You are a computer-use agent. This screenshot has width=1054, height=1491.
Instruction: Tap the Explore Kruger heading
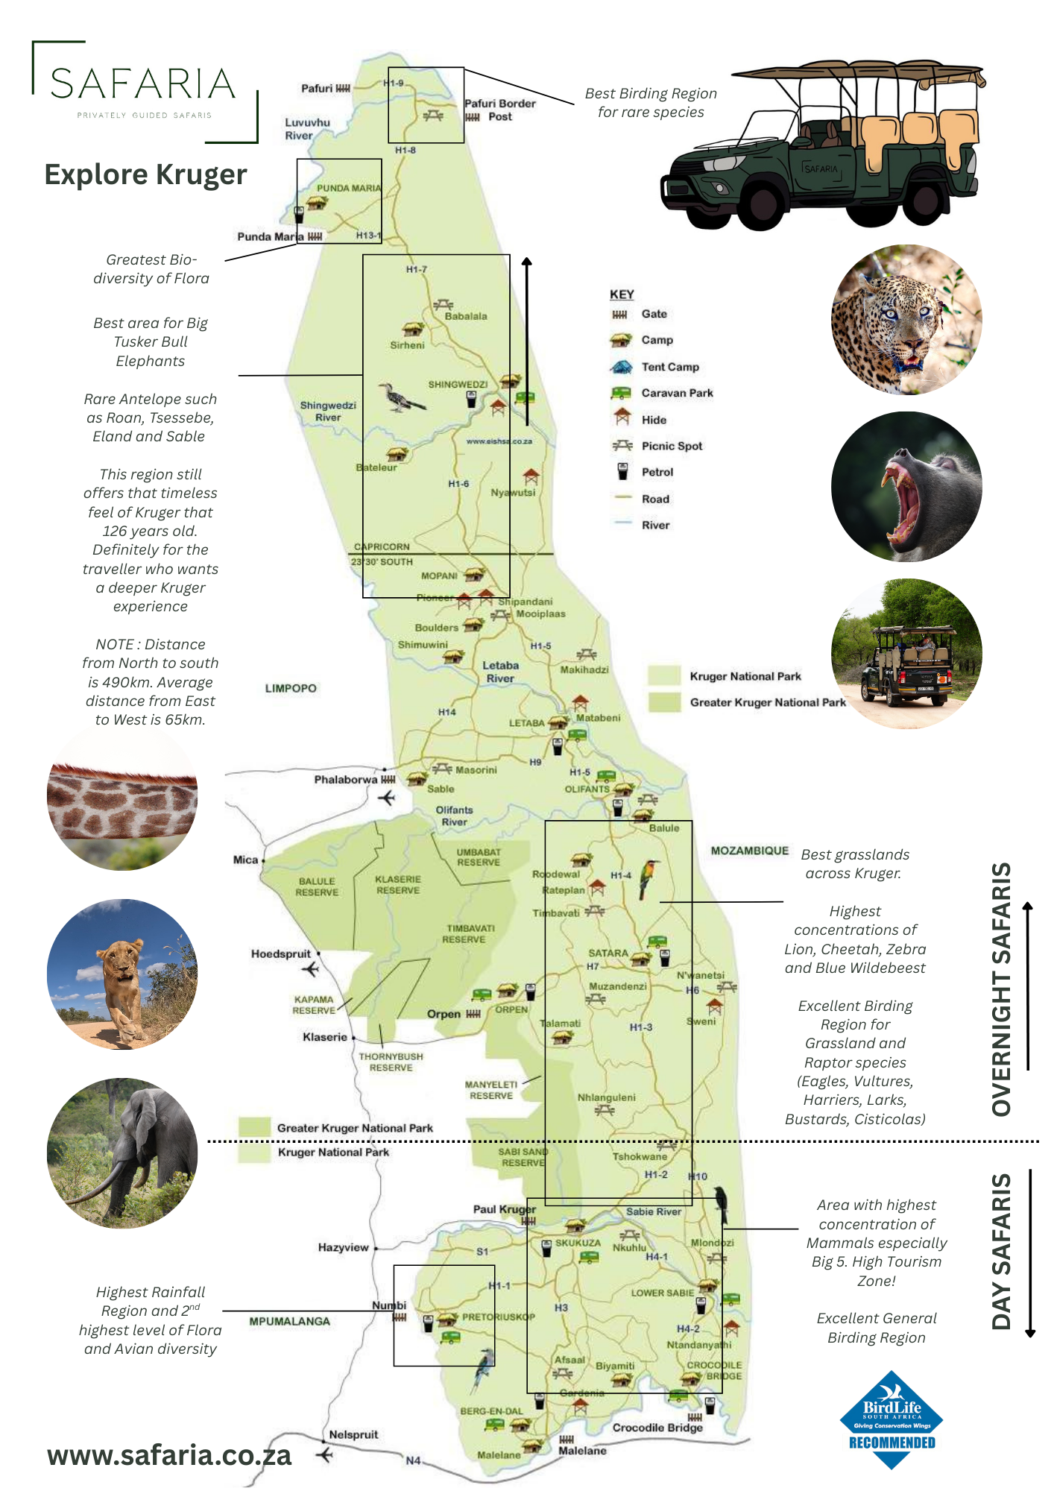pos(145,174)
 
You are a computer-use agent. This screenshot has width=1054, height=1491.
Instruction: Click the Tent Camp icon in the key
pos(621,367)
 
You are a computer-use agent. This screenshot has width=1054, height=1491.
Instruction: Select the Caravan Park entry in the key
pos(676,393)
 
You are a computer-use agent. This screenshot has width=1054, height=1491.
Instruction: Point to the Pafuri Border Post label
pos(499,110)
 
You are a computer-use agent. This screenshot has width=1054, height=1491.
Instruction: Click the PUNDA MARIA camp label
pos(348,188)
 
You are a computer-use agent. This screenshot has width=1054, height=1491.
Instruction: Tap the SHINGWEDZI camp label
pos(458,385)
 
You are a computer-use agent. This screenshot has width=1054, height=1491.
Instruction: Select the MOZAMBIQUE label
pos(749,851)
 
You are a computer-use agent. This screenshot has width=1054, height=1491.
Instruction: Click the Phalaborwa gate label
pos(345,780)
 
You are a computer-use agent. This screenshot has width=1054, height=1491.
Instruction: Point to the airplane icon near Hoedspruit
pos(311,969)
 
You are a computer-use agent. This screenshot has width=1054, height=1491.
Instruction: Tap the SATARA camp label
pos(608,953)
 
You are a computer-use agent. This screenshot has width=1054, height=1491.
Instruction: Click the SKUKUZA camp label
pos(578,1243)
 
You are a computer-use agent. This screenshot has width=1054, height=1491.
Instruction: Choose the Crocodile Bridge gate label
pos(657,1428)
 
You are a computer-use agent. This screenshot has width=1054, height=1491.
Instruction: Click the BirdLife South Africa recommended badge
pos(892,1420)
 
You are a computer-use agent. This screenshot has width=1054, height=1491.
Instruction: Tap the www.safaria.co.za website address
pos(169,1455)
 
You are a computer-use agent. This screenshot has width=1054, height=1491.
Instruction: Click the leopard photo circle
pos(906,320)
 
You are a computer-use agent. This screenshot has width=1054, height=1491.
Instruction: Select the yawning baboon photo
pos(906,486)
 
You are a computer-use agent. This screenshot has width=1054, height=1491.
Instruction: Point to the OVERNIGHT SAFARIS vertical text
pos(1002,989)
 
